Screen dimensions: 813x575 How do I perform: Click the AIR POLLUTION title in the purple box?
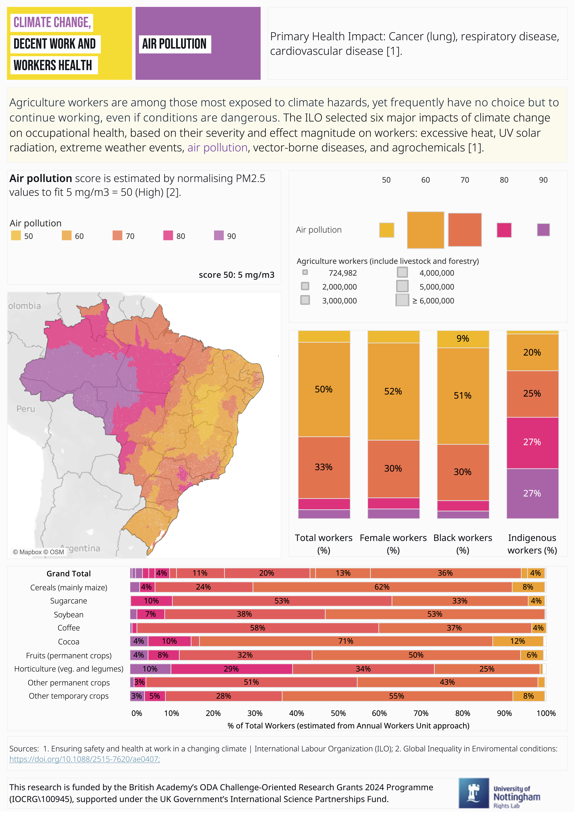click(x=174, y=44)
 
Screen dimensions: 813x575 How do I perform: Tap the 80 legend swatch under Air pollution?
click(x=168, y=236)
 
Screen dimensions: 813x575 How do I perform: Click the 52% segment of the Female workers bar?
click(x=393, y=391)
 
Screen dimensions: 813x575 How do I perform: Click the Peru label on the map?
click(x=26, y=409)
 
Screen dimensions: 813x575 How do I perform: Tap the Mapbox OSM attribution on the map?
click(x=38, y=552)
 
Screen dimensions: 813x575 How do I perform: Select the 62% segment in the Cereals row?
click(x=382, y=587)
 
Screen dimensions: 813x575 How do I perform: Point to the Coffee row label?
click(x=69, y=628)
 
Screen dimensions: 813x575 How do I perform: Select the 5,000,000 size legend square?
click(x=402, y=286)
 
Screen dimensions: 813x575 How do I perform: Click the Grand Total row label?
click(x=69, y=574)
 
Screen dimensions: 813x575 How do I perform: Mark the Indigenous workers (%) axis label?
click(x=532, y=544)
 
